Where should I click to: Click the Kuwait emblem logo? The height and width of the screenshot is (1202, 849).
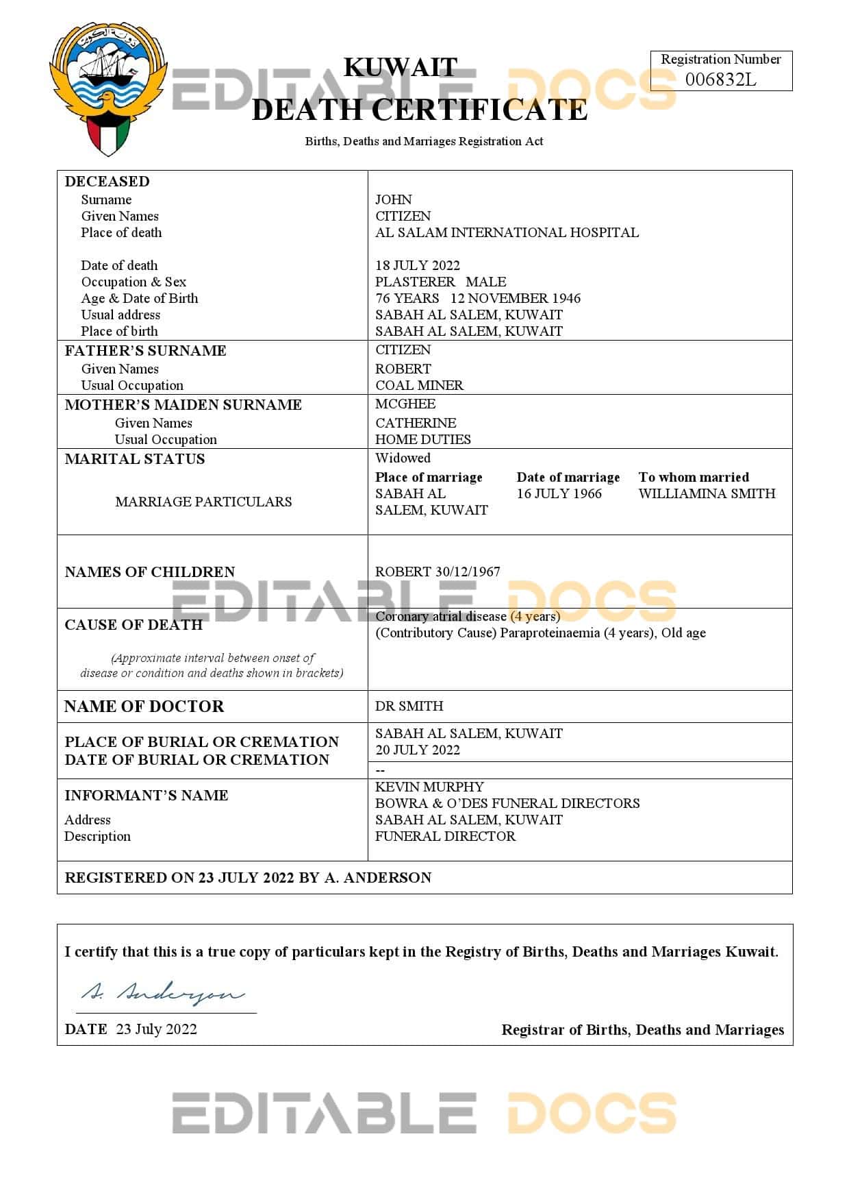point(108,88)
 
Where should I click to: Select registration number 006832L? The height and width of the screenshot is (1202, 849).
point(720,79)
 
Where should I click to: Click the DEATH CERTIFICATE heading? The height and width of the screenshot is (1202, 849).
point(420,110)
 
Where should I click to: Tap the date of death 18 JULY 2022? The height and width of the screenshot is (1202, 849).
point(418,265)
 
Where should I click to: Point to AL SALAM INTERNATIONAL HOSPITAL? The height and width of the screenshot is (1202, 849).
point(507,232)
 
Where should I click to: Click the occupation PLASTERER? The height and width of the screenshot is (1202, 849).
point(415,282)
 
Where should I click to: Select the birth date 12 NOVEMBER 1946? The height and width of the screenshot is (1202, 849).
point(516,298)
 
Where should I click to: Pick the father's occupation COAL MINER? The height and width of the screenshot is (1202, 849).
point(419,385)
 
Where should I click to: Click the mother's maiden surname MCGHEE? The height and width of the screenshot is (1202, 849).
point(405,404)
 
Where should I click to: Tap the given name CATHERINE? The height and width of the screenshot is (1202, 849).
point(416,423)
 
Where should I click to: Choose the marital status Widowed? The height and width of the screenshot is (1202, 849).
point(403,458)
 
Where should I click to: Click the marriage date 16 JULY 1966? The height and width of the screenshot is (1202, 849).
point(559,493)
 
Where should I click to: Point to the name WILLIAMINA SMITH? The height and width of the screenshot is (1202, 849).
point(707,493)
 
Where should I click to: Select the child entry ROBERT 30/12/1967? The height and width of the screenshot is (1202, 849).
point(438,572)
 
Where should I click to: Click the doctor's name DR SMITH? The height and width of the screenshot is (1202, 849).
point(409,706)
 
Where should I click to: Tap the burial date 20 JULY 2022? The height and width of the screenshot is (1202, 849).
point(418,750)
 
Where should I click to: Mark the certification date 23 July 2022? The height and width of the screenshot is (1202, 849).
point(157,1029)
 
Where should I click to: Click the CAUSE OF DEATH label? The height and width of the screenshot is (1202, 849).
point(134,624)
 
